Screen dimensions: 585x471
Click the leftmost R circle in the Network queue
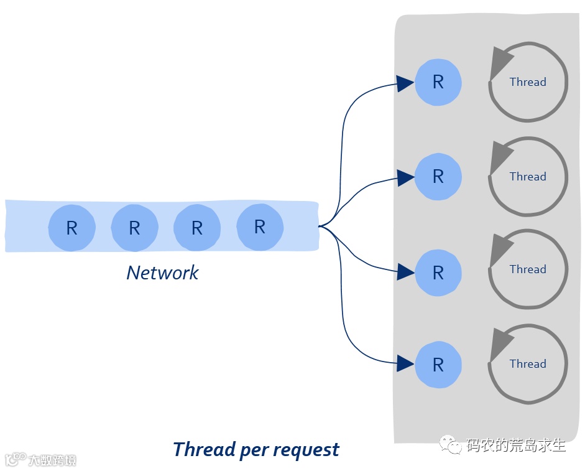(71, 228)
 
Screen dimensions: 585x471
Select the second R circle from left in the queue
(135, 228)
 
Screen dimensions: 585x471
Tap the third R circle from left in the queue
(197, 228)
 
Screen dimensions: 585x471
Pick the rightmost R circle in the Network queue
(260, 226)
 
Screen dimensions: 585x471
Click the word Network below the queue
(163, 273)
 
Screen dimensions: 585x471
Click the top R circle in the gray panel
(438, 82)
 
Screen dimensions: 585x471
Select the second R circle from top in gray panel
(438, 177)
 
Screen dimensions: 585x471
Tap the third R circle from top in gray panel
(438, 273)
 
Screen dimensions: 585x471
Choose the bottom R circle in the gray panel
(438, 365)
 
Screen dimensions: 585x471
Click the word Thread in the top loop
(528, 82)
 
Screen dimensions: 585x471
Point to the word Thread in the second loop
(528, 176)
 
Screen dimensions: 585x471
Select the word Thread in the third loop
(528, 269)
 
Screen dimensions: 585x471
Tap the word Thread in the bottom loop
(528, 363)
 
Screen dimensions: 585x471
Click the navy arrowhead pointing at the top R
(405, 83)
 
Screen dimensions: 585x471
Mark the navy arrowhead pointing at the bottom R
(405, 363)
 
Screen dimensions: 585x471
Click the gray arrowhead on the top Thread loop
(500, 62)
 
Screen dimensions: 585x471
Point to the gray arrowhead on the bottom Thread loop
(500, 344)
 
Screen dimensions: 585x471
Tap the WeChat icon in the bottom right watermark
(450, 444)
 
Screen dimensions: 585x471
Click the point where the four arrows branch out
(320, 226)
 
